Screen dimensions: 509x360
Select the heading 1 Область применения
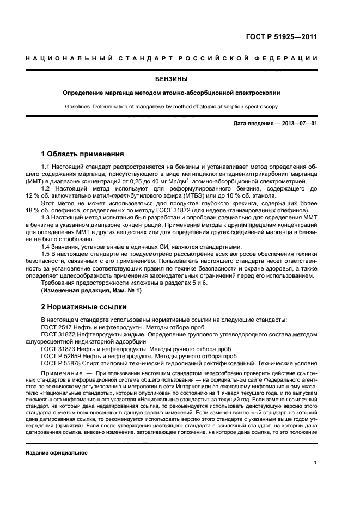82,154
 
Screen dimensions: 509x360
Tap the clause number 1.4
47,246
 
